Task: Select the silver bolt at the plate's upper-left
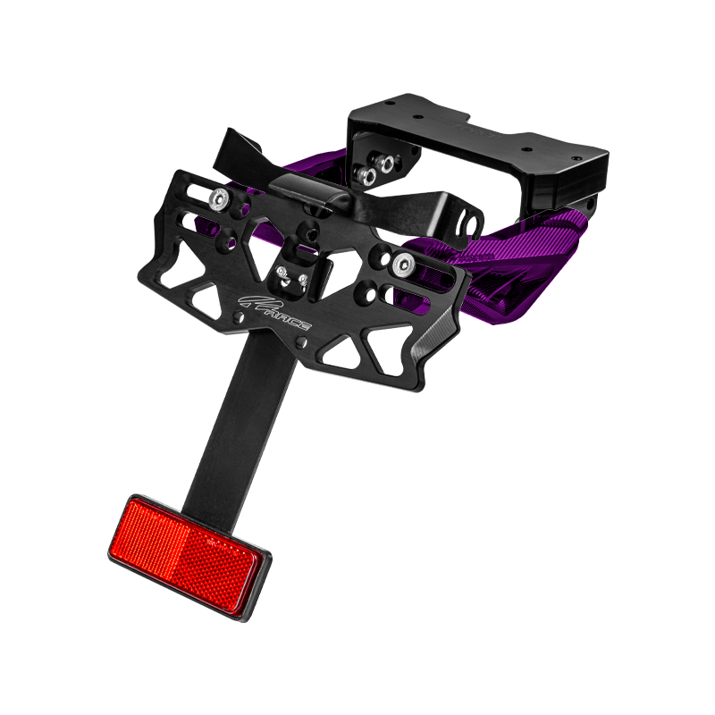pos(220,198)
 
